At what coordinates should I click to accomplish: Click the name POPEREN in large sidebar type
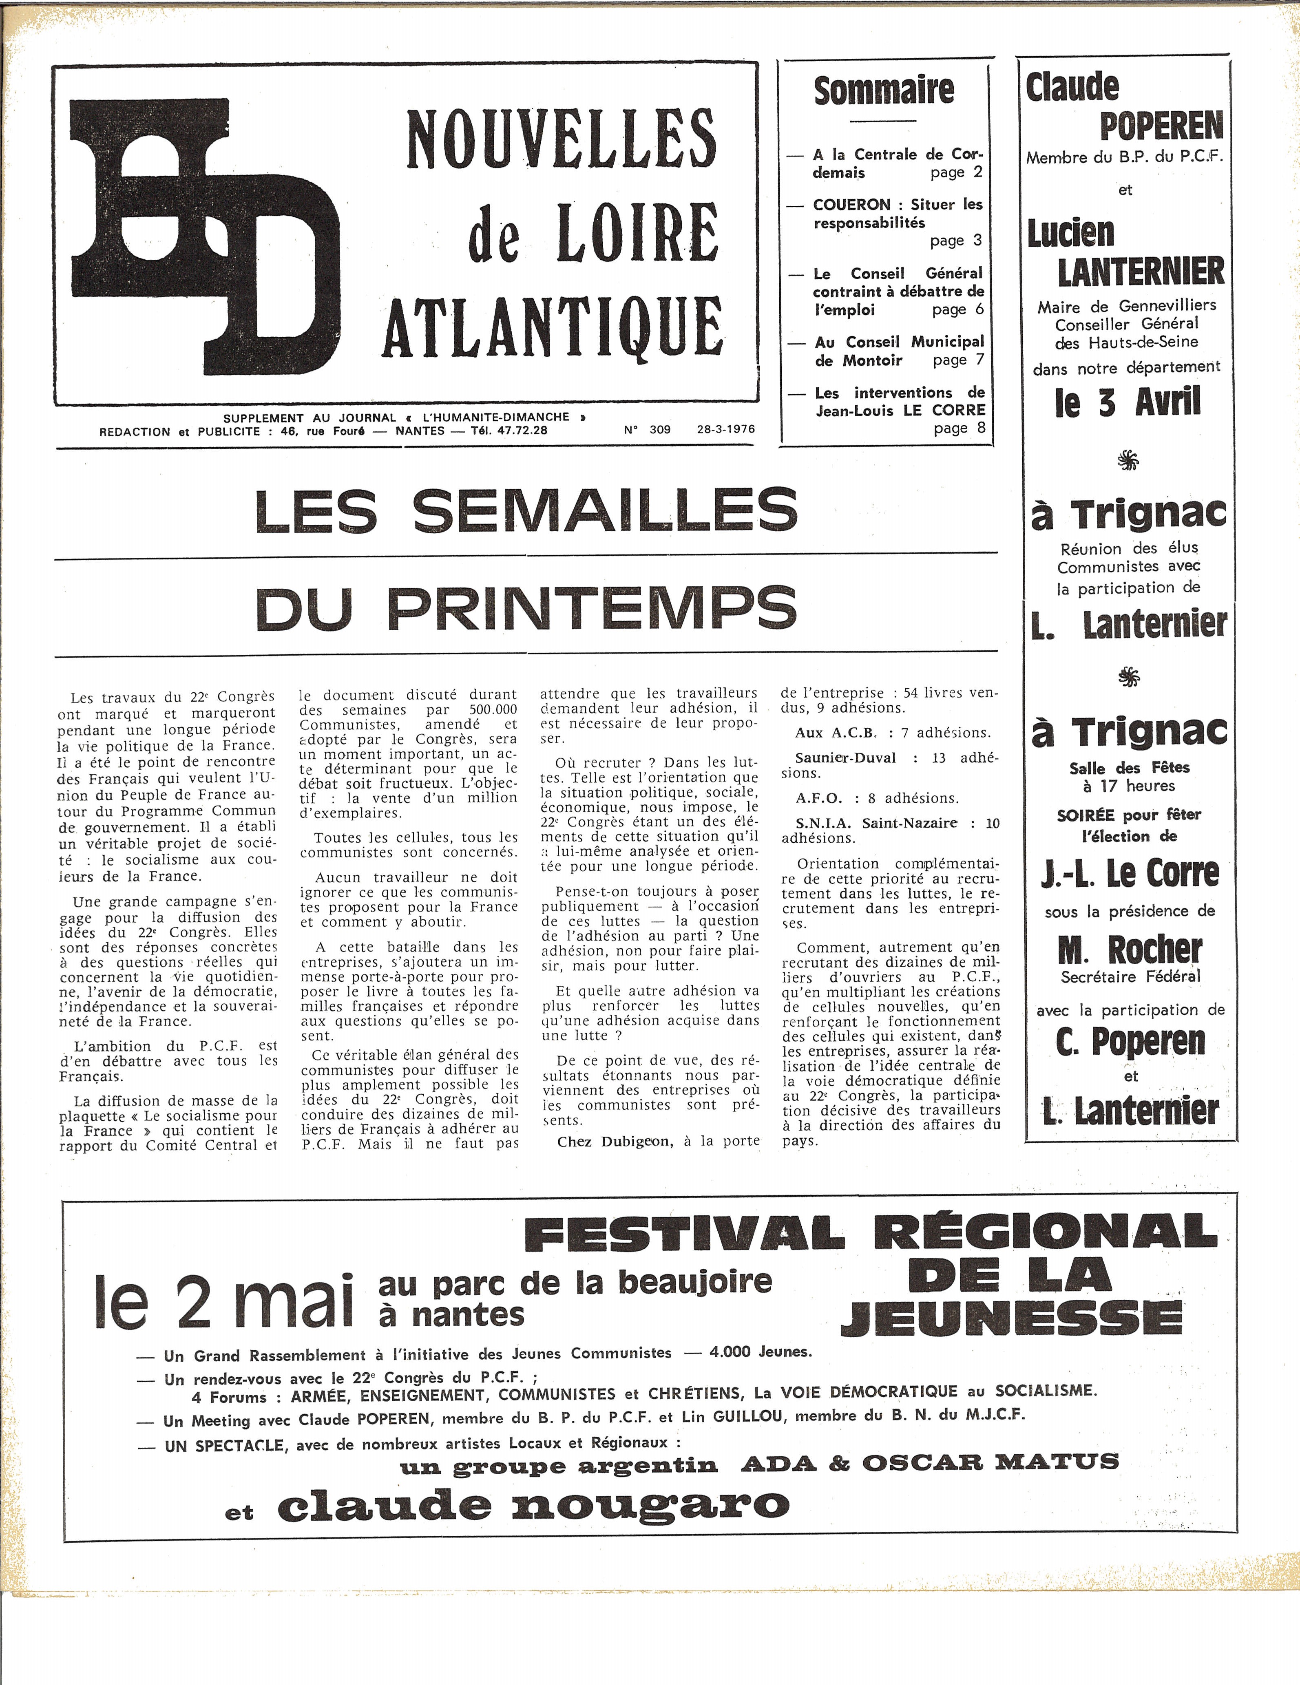click(x=1161, y=126)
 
